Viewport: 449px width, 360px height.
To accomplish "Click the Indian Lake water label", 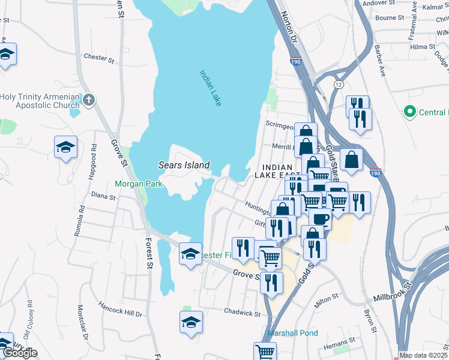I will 211,88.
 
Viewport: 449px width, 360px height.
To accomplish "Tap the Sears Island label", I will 184,165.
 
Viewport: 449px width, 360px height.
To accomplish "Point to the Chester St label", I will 99,58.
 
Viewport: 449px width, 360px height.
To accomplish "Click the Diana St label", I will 103,194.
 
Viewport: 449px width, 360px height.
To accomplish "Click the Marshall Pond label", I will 293,333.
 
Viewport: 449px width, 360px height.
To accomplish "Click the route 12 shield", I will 339,84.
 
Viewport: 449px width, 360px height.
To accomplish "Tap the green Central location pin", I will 410,112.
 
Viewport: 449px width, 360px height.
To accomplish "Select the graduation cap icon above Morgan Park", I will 66,147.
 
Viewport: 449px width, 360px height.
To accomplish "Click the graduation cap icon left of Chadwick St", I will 191,322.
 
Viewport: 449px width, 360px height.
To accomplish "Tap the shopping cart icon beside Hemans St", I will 265,351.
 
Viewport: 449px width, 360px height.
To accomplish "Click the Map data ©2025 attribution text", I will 423,355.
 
